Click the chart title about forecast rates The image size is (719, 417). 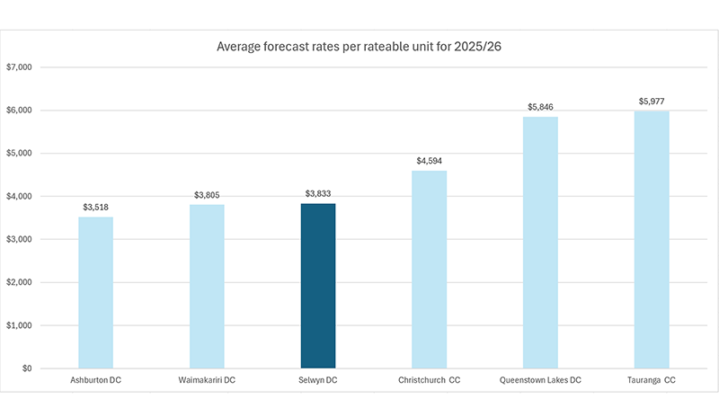tap(359, 47)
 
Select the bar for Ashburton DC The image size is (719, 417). tap(96, 293)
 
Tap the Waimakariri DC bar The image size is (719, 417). tap(207, 287)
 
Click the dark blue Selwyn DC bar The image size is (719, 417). tap(318, 286)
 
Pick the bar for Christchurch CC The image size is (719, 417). tap(430, 270)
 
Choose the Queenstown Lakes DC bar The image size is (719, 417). tap(541, 243)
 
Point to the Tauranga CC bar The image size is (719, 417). tap(652, 240)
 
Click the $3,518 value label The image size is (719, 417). tap(96, 208)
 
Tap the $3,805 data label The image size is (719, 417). tap(207, 195)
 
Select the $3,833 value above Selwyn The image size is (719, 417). tap(318, 193)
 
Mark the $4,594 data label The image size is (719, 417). tap(430, 161)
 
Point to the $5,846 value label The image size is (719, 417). tap(541, 107)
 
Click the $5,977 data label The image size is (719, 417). tap(652, 102)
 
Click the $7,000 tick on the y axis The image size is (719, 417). tap(19, 67)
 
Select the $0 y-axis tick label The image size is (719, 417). tap(27, 368)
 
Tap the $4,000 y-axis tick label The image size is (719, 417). tap(19, 196)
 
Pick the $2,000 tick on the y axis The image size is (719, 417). tap(19, 282)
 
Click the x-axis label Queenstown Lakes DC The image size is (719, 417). tap(541, 380)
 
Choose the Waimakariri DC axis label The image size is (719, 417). tap(207, 380)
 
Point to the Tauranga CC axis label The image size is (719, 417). tap(652, 380)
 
